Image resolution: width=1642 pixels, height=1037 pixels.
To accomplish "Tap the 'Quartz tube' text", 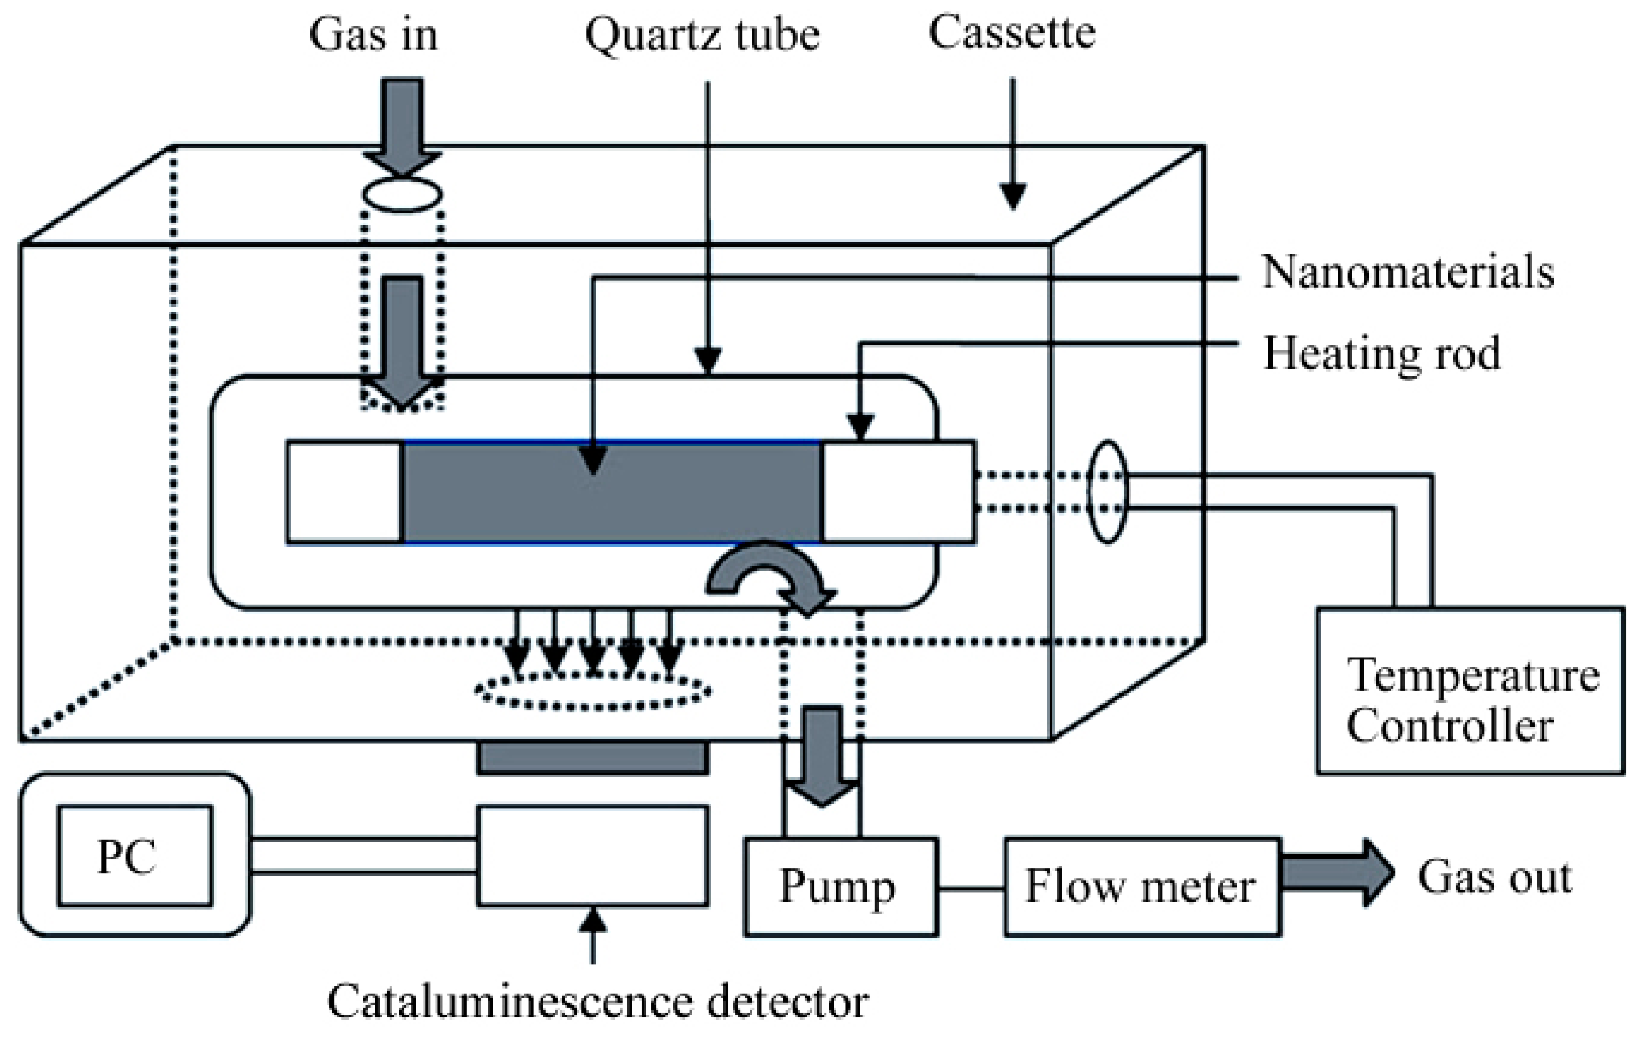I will tap(702, 36).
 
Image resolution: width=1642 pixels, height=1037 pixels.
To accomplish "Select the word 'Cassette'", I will tap(1012, 32).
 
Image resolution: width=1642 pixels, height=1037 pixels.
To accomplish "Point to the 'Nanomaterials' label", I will tap(1408, 272).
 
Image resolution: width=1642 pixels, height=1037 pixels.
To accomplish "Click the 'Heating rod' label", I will tap(1382, 353).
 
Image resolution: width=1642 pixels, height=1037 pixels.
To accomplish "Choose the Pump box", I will tap(840, 886).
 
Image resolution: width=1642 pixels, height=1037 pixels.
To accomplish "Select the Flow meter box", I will tap(1142, 886).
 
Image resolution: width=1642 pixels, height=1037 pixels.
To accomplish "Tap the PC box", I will tap(135, 857).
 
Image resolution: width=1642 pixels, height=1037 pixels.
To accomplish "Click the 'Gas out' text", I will tap(1495, 877).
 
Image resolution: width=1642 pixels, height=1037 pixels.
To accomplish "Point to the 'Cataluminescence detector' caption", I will tap(598, 1001).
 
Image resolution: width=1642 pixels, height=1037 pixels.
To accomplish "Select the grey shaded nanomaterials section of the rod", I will tap(612, 492).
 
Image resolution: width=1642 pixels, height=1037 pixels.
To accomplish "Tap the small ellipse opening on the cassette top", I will tap(402, 194).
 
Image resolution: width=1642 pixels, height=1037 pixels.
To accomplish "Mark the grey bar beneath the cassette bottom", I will tap(593, 758).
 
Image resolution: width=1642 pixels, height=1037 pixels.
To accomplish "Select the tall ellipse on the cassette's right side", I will tap(1107, 491).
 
